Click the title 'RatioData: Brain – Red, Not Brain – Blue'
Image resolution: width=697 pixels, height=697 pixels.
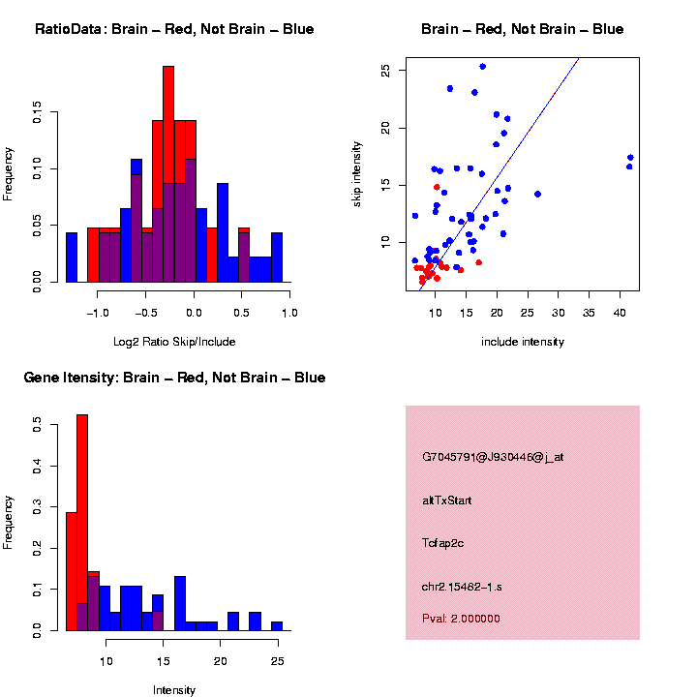(x=174, y=29)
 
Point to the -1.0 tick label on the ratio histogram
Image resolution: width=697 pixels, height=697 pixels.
(x=97, y=313)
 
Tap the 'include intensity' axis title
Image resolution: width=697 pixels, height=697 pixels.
(x=522, y=342)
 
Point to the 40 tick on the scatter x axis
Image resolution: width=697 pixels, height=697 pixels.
(x=621, y=313)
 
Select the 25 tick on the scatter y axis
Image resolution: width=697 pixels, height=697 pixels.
(x=385, y=71)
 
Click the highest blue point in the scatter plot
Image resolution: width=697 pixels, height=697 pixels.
(x=482, y=67)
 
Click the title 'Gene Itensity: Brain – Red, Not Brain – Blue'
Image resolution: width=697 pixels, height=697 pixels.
(x=174, y=378)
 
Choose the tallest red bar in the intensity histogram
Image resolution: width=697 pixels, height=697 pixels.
(x=82, y=523)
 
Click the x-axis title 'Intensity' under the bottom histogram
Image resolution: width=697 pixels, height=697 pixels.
(x=174, y=690)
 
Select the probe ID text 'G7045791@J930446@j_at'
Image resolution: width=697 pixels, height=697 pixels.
(x=493, y=457)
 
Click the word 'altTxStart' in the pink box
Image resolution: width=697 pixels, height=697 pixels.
(x=446, y=500)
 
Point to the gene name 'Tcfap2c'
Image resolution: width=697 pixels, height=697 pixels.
(x=443, y=543)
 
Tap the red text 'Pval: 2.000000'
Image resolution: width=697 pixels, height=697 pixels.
(x=461, y=618)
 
